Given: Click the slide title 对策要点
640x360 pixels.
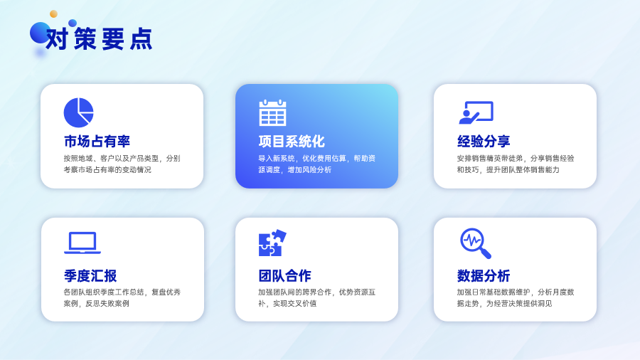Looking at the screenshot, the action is (x=99, y=39).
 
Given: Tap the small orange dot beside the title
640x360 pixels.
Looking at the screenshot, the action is (x=53, y=14).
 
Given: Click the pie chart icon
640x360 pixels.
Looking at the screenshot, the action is (x=79, y=112).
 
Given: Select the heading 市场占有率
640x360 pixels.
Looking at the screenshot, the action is (x=97, y=141).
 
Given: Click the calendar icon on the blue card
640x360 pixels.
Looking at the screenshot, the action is (x=272, y=112).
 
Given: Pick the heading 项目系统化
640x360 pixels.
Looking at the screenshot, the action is (x=292, y=141).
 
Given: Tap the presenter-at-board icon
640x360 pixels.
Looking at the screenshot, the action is (x=476, y=112).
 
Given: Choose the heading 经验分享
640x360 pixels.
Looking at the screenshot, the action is (x=484, y=141).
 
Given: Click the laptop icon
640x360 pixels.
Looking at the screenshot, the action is (x=82, y=243).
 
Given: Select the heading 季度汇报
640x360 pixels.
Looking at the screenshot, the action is (x=90, y=275).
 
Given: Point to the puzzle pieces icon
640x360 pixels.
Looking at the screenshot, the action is (x=272, y=243).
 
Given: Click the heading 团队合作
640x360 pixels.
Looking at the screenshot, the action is (x=285, y=275).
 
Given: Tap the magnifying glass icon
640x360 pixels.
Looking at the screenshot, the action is (x=476, y=243).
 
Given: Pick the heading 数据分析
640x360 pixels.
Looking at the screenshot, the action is (x=484, y=275).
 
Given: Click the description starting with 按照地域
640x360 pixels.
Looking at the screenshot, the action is (x=122, y=164).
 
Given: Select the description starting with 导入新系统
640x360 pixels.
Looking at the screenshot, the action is (x=316, y=164).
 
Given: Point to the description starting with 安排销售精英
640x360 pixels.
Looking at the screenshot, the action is (x=516, y=164).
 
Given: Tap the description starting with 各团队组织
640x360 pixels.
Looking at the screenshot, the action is (x=122, y=298).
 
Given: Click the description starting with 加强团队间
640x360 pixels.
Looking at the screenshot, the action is (x=316, y=298).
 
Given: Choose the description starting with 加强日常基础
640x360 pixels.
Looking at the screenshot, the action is (x=516, y=298).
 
